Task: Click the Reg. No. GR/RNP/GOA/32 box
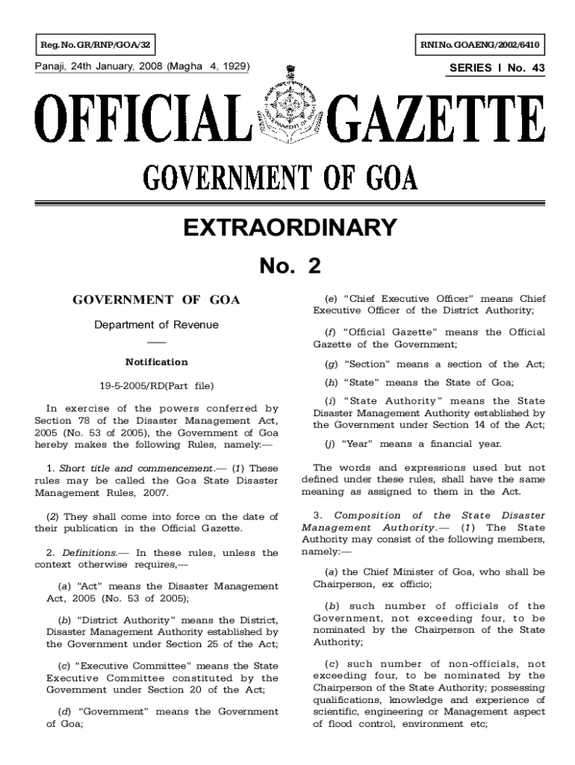[96, 46]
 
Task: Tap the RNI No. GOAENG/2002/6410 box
[477, 46]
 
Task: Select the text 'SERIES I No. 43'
[497, 68]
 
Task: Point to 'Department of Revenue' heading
[156, 325]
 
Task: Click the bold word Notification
[156, 362]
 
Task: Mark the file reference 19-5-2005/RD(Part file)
[156, 386]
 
